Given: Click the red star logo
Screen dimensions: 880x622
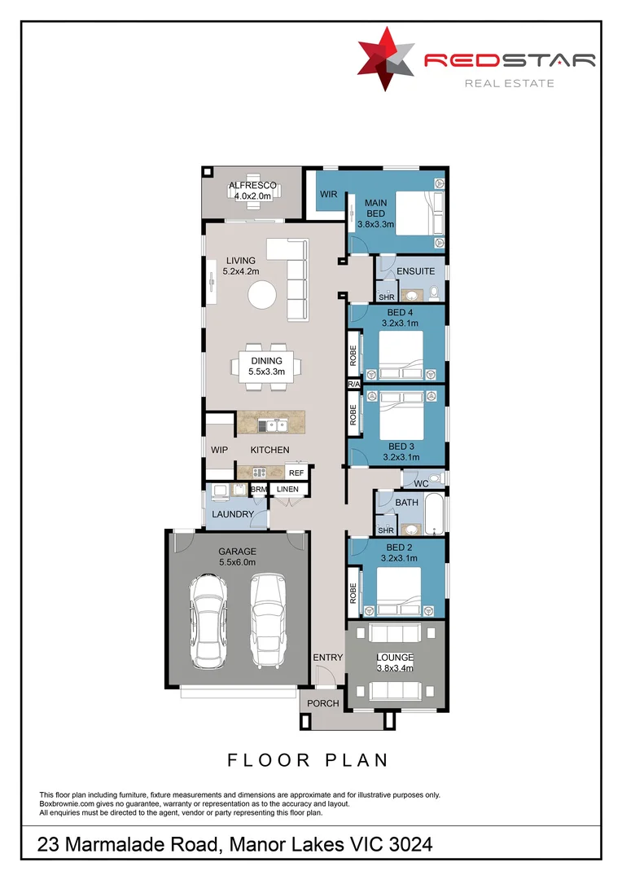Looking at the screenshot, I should tap(386, 58).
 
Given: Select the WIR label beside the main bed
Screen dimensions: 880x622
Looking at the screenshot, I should tap(328, 195).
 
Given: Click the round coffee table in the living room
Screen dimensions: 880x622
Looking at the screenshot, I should tap(262, 294).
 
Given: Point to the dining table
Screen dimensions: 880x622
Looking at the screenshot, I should tap(266, 366).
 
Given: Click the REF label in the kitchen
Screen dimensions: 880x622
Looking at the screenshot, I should tap(296, 473).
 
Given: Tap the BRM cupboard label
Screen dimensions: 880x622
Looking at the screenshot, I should tap(259, 490).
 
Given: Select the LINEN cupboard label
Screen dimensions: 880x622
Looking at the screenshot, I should tap(288, 490).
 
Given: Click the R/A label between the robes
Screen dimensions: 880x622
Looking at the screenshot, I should tap(353, 384).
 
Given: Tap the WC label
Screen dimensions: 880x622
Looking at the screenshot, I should tap(420, 484).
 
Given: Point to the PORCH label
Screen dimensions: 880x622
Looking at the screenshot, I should tap(322, 703).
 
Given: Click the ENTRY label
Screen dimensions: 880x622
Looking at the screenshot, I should tap(328, 657).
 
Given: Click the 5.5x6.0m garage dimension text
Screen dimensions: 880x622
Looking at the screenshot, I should tap(237, 562).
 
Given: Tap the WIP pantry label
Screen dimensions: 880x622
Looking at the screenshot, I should tap(219, 451).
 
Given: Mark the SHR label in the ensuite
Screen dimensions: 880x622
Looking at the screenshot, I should tap(386, 297).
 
